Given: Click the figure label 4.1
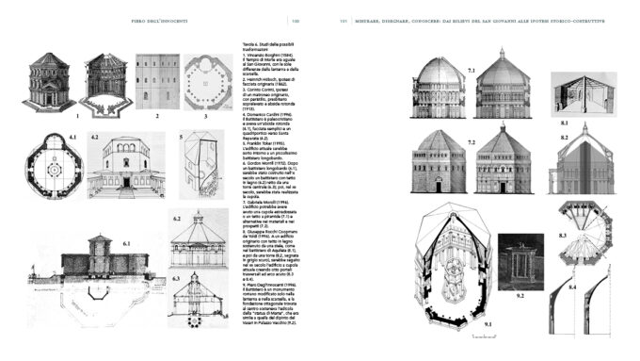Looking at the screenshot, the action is click(72, 139).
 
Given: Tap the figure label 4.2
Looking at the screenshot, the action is click(95, 139).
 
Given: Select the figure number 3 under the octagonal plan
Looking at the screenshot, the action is click(205, 117).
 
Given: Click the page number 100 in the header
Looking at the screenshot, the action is click(296, 21).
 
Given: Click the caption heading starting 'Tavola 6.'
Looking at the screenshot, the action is click(260, 43).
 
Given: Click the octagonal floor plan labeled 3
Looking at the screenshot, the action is click(205, 79).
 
